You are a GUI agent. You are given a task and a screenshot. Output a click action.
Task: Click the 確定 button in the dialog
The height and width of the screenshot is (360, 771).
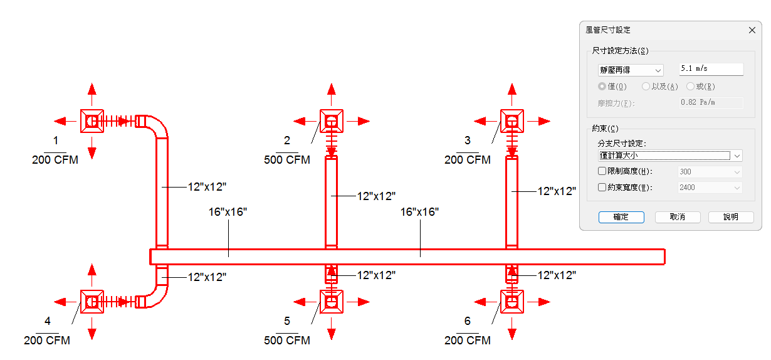click(x=621, y=217)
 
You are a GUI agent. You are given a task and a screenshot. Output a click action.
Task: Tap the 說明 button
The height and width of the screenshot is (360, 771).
click(x=731, y=217)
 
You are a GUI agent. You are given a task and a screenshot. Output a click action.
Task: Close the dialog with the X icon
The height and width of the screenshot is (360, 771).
click(x=752, y=30)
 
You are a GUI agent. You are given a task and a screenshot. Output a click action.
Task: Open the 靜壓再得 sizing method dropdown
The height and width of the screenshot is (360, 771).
click(x=631, y=70)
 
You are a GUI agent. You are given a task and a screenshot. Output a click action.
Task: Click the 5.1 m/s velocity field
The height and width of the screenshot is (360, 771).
click(x=711, y=69)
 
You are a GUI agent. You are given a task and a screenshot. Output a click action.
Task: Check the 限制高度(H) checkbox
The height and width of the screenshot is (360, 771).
click(x=602, y=171)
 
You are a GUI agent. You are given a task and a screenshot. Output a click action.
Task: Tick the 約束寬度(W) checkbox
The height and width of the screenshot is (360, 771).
click(x=602, y=187)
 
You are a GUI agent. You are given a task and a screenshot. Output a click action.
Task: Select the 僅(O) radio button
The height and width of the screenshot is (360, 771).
click(x=602, y=86)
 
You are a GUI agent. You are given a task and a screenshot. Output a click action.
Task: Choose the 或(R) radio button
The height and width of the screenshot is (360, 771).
click(x=690, y=86)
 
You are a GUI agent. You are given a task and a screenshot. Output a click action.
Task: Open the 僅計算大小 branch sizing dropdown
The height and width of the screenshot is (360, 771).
click(x=670, y=156)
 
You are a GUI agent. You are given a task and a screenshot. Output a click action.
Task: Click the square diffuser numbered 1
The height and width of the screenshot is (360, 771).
click(x=92, y=121)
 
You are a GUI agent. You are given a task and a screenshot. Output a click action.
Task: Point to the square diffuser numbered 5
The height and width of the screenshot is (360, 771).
click(x=332, y=302)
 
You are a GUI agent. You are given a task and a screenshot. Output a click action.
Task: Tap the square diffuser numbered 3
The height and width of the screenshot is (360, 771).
click(x=512, y=121)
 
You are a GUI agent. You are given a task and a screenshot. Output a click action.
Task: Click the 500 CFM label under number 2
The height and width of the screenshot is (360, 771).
click(x=287, y=160)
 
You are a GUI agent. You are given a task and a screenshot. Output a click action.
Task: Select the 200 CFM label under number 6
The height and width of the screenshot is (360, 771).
click(x=468, y=341)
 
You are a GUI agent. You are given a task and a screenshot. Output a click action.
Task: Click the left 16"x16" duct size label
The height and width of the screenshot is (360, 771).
click(x=228, y=212)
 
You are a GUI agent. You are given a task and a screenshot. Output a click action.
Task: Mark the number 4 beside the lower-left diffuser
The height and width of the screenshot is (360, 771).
click(x=48, y=321)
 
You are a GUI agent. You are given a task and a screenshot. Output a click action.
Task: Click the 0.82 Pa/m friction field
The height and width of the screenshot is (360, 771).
click(x=711, y=103)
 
